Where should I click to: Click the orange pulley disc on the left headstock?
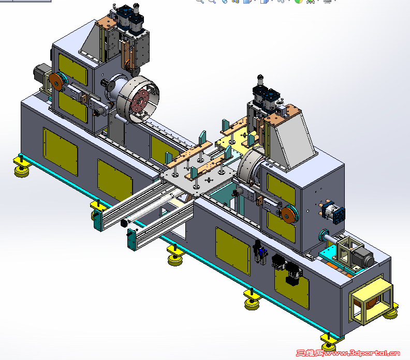click(56, 82)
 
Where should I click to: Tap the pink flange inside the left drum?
click(140, 101)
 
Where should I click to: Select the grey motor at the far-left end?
click(40, 74)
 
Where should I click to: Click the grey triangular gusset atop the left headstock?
click(92, 42)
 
